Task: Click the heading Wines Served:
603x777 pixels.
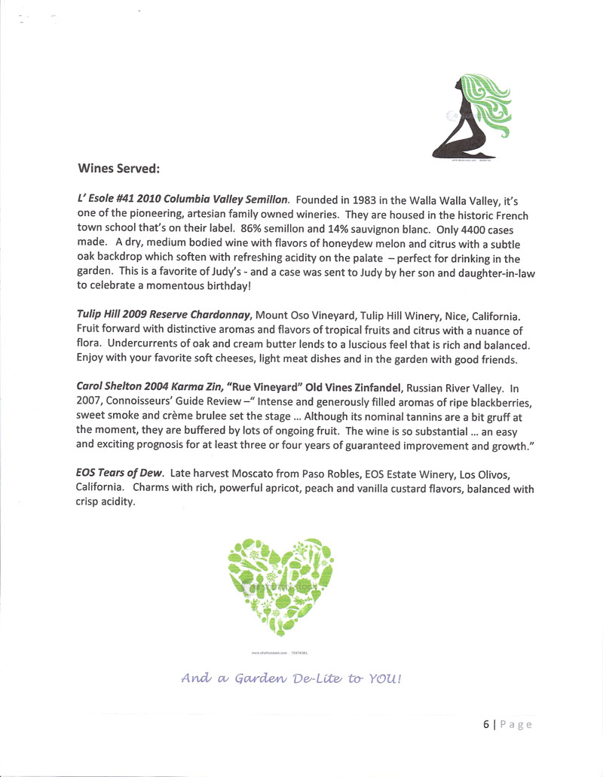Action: [119, 168]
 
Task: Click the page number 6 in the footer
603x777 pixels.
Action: [486, 724]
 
